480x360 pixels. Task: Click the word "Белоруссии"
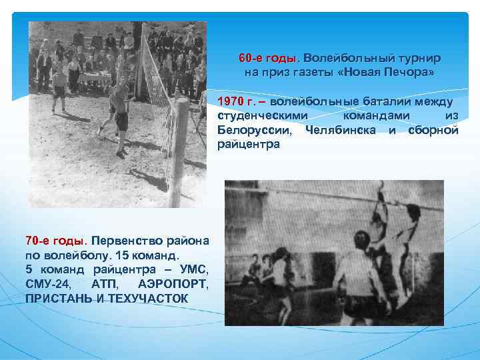tap(255, 129)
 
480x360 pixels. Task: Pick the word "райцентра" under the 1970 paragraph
tap(248, 143)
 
